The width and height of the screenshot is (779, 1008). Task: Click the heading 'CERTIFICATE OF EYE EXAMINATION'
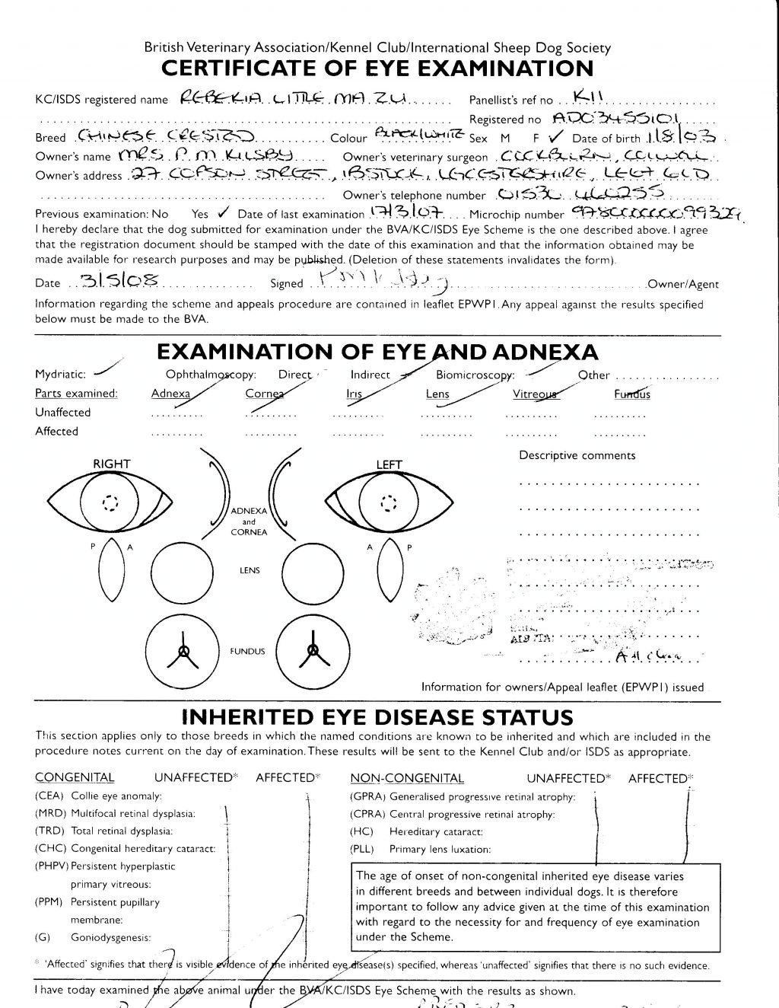377,69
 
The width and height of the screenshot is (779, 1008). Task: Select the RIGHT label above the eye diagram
112,464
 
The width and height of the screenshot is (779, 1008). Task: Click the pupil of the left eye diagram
389,504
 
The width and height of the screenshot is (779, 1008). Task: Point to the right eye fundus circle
183,649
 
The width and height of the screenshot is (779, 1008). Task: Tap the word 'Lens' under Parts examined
437,394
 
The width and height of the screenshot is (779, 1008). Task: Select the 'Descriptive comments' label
577,455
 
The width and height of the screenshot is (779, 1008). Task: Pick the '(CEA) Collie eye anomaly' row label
98,796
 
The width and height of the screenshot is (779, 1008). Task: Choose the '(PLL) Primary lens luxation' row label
420,849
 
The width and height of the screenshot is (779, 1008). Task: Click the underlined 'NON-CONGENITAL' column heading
406,778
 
